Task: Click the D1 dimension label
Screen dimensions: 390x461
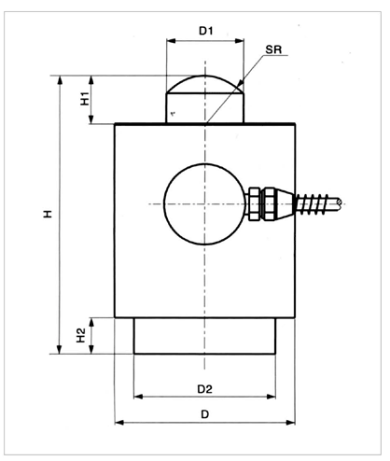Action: pos(205,31)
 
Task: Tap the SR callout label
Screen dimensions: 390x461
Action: pos(273,49)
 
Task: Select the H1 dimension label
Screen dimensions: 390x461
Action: pos(85,99)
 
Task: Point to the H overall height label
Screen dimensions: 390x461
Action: pos(48,214)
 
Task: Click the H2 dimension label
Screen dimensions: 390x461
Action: pos(81,335)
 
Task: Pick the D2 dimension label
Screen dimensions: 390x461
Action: pos(205,389)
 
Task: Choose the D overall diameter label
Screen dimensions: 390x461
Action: pos(204,414)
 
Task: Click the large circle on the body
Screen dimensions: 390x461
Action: pos(164,203)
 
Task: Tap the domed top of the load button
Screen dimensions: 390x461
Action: pos(205,77)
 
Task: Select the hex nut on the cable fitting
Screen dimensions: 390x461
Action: pos(255,203)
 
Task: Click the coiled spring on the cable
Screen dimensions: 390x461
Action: pos(313,203)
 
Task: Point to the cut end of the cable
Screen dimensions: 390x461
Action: pos(339,203)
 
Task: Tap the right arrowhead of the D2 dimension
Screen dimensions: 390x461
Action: pos(272,397)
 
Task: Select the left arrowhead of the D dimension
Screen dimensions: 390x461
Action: pos(119,422)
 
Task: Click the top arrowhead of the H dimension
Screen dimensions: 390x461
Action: pos(60,80)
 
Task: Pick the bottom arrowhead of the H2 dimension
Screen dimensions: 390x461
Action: pos(91,349)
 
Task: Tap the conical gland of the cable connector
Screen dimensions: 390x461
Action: pos(285,203)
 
